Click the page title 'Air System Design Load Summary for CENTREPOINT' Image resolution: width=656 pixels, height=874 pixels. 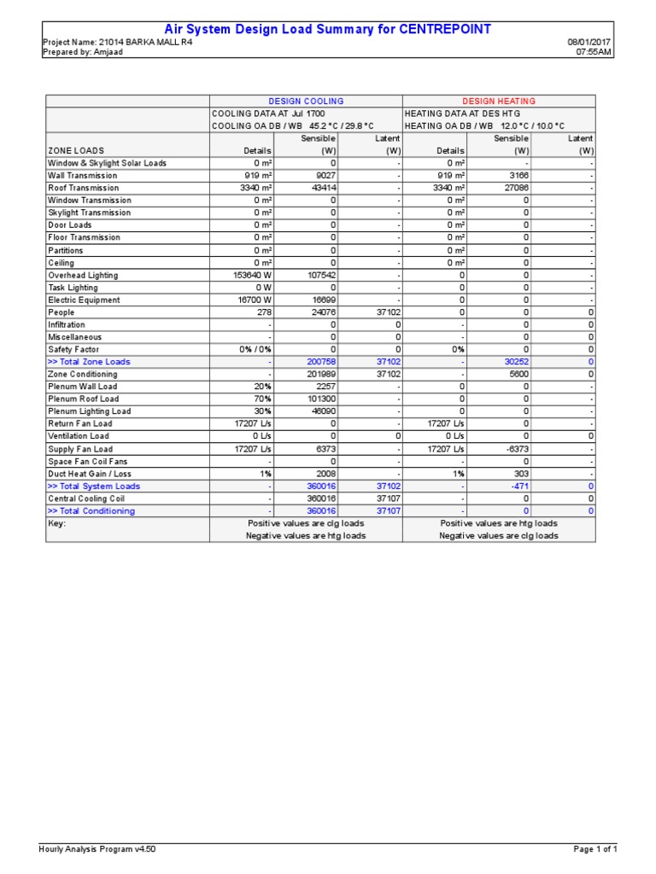[328, 29]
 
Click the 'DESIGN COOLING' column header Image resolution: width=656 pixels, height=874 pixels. [306, 101]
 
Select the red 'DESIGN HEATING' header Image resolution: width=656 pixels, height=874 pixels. [499, 101]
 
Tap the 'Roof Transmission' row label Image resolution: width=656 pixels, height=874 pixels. [84, 188]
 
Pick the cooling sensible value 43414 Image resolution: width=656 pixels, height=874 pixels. [322, 188]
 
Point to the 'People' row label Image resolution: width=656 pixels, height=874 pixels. [61, 312]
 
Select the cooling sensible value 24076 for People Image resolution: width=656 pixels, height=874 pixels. [322, 312]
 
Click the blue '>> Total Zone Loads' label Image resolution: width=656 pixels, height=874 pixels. [89, 362]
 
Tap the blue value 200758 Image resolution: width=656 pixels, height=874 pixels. [321, 362]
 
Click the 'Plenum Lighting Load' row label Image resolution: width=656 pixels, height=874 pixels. [89, 411]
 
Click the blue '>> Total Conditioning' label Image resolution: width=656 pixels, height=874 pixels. [91, 511]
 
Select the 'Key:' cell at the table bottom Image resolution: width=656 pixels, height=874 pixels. [56, 523]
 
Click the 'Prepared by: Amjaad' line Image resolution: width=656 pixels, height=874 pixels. [80, 51]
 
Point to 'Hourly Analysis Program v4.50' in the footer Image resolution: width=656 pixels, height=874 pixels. [97, 849]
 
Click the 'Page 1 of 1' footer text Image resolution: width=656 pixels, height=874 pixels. [595, 849]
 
